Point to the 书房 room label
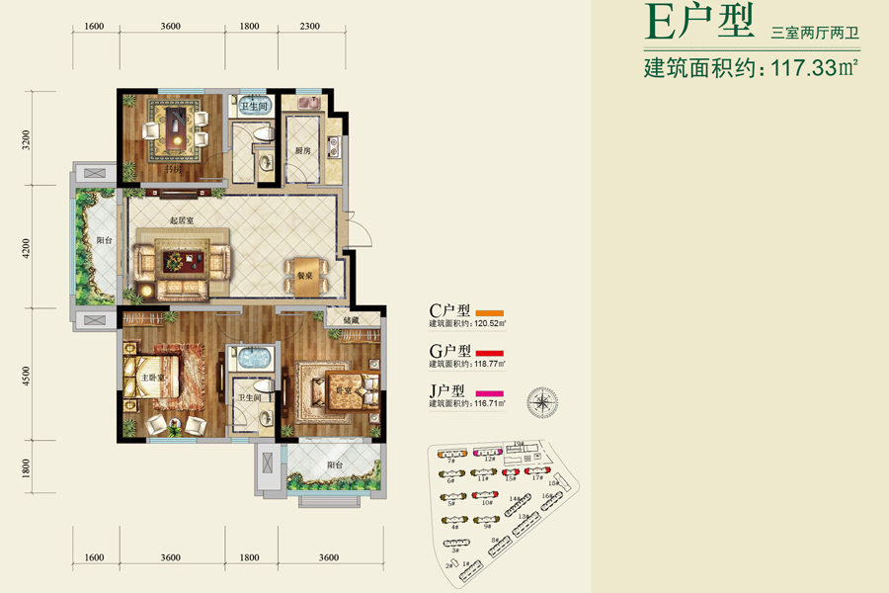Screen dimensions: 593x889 point(174,170)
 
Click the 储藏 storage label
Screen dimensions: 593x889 point(351,320)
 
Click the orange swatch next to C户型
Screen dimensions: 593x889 point(491,311)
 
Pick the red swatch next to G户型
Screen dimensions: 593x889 point(491,352)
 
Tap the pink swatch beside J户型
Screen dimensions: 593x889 point(491,392)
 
